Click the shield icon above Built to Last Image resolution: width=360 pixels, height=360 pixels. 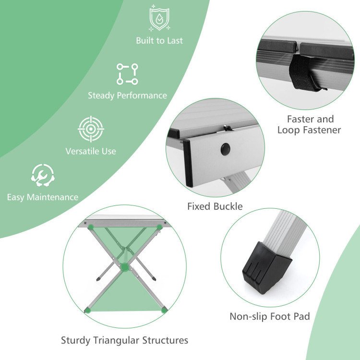click(x=159, y=18)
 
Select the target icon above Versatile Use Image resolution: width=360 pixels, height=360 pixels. click(x=91, y=129)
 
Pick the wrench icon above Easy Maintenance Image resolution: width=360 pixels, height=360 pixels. click(x=43, y=175)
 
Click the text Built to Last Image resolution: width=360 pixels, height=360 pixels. click(x=159, y=41)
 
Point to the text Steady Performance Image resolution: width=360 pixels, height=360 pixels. click(x=127, y=96)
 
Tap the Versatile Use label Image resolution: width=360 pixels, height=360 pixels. click(x=91, y=151)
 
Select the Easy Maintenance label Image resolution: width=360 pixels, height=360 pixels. click(x=43, y=197)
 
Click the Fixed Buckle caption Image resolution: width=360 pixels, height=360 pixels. click(x=215, y=206)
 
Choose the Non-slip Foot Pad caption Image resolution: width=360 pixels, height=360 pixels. click(x=270, y=316)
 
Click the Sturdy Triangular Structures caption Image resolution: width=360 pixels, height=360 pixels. click(x=124, y=340)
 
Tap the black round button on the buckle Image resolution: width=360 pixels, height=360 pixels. click(x=226, y=149)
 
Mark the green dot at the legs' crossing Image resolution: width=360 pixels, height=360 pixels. click(x=125, y=267)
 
